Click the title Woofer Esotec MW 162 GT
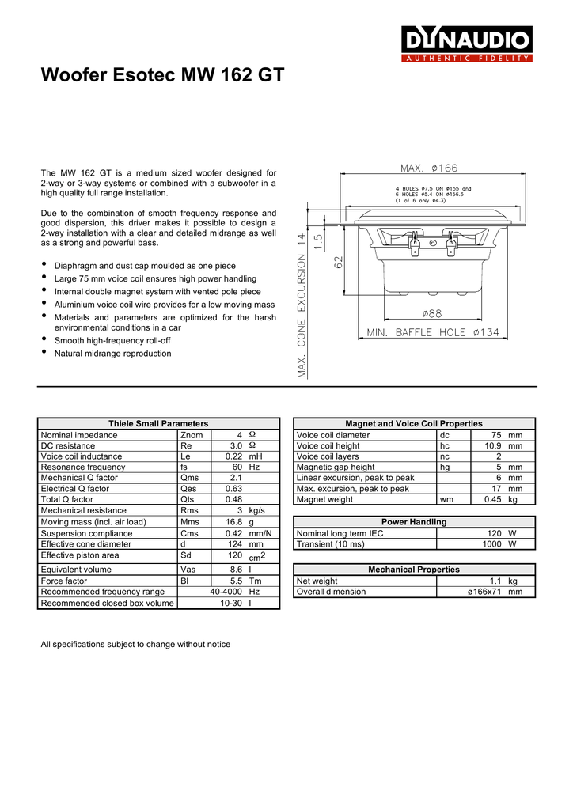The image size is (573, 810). (161, 76)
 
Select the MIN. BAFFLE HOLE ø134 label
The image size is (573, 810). (433, 333)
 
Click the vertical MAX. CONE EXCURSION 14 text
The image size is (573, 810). (301, 305)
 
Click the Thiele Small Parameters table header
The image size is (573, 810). (158, 424)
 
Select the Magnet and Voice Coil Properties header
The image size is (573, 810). (413, 424)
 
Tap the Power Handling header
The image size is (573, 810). (414, 522)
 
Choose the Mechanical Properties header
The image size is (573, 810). (414, 570)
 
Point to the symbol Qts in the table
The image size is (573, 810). (188, 500)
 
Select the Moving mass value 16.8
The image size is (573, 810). (233, 522)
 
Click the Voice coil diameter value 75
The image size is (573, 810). (496, 435)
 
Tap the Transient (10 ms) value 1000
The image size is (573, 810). (494, 544)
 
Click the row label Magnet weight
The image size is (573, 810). (324, 500)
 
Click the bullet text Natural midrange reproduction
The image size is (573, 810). (112, 354)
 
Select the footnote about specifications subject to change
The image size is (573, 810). (135, 645)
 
